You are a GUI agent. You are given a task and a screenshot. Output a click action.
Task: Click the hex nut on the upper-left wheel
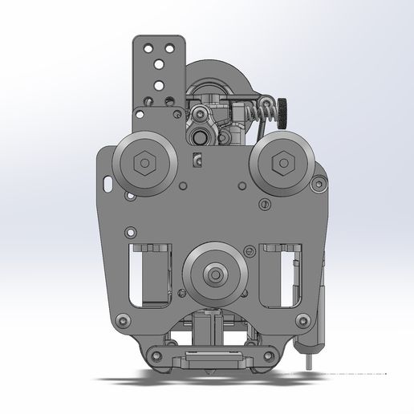pyautogui.click(x=143, y=164)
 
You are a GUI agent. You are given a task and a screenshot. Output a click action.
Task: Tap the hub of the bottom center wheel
pyautogui.click(x=214, y=275)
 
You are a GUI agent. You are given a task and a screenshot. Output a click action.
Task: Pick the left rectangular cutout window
pyautogui.click(x=152, y=274)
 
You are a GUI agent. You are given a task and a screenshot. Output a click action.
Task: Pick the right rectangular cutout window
pyautogui.click(x=281, y=274)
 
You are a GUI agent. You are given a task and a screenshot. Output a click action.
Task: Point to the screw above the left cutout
pyautogui.click(x=126, y=233)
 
